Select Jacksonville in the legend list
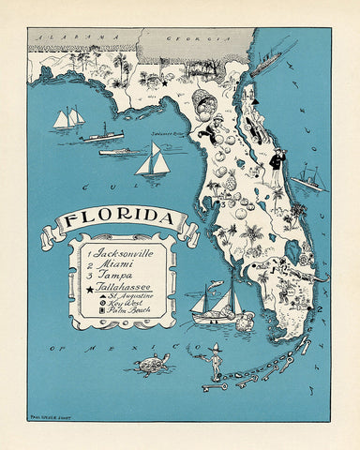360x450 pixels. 121,253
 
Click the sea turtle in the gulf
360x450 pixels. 151,363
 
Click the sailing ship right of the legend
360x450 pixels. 211,305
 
